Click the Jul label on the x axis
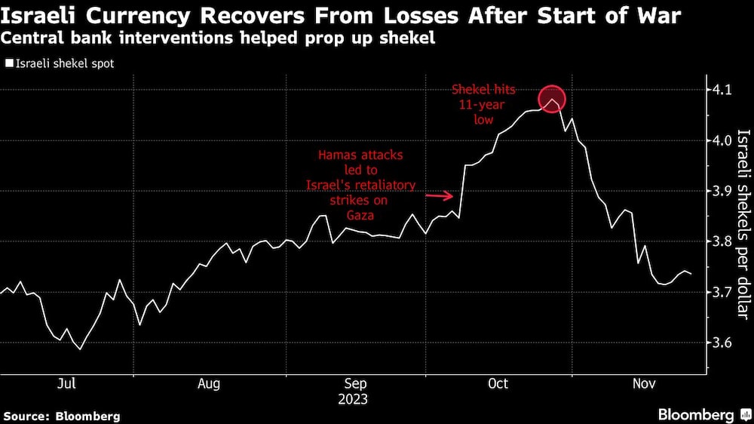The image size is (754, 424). point(67,384)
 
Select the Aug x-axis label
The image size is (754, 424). point(209,384)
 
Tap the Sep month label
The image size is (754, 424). point(356,384)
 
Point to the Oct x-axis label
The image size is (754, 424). point(498,384)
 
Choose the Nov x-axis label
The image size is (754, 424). point(642,384)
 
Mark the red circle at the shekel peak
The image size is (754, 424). point(552,99)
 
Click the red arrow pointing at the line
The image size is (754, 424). point(440,197)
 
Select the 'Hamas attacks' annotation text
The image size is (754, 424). point(360,155)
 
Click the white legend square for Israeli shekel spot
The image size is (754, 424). point(8,64)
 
